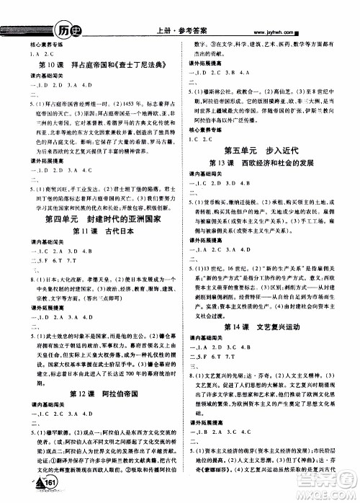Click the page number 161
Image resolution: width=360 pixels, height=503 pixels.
pos(49,482)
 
